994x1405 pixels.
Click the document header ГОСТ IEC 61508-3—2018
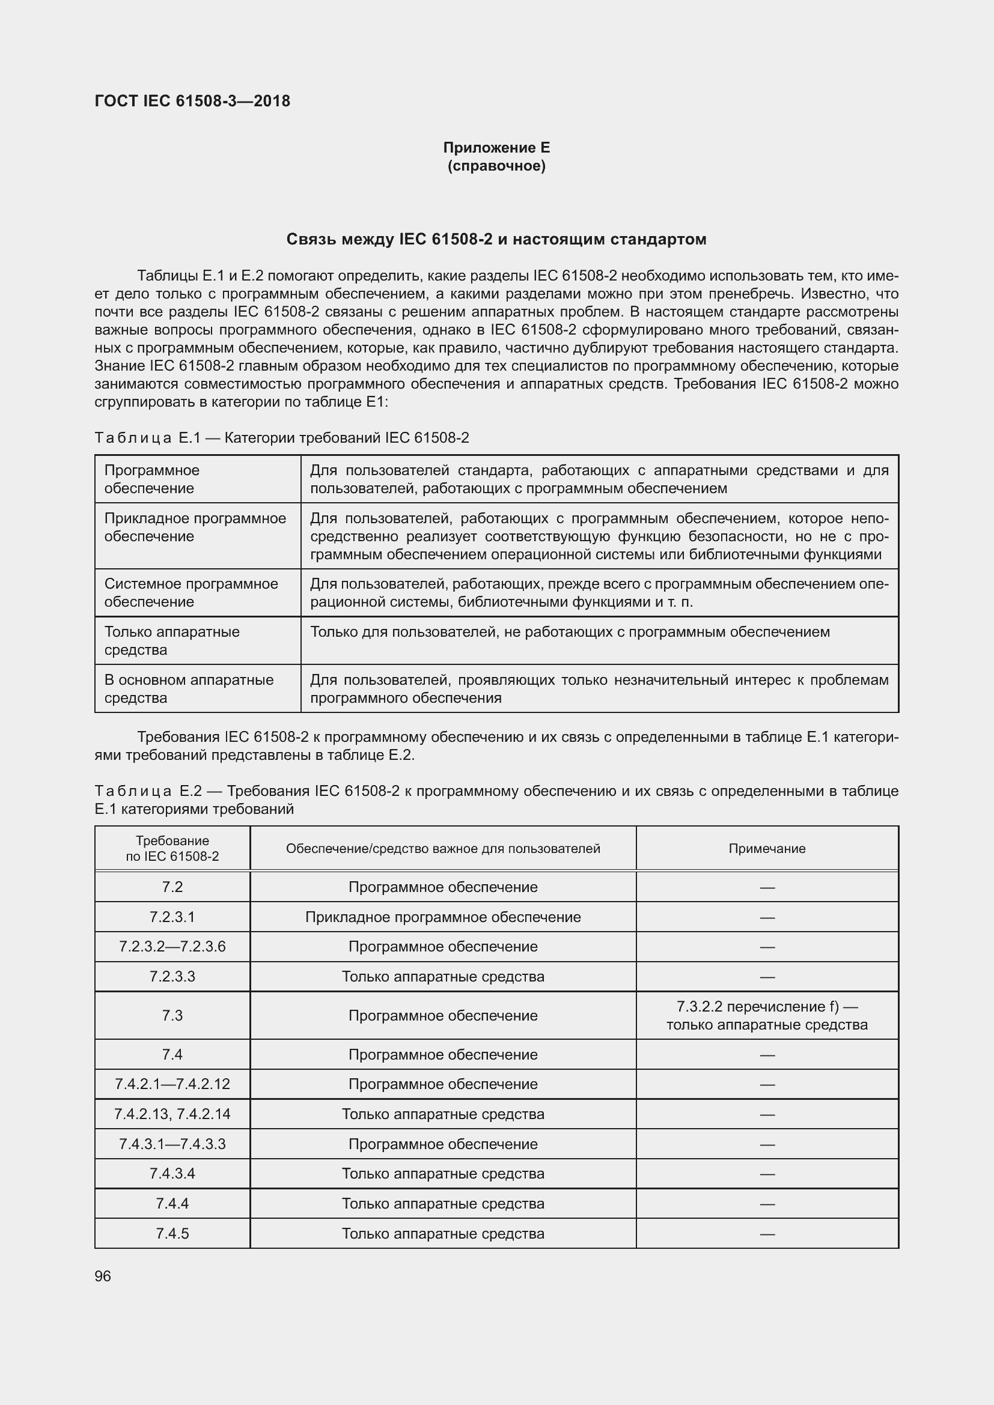coord(192,101)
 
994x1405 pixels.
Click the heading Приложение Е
coord(496,148)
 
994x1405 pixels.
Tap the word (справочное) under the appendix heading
coord(496,166)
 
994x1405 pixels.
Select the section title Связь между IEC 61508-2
coord(496,239)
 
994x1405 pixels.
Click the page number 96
coord(103,1276)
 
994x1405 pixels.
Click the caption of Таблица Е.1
coord(281,437)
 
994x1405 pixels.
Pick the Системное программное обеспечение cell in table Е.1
coord(191,592)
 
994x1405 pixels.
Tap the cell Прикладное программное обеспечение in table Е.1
coord(195,527)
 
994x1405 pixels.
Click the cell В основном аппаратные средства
coord(189,688)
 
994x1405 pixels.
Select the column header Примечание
coord(766,848)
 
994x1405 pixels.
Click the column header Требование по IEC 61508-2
coord(172,848)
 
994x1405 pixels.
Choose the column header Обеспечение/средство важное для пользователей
coord(442,848)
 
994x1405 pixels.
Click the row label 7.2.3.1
coord(172,917)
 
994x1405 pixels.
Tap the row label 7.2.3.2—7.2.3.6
coord(172,946)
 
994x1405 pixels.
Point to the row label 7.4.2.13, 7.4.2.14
coord(172,1114)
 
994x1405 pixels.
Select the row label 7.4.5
coord(172,1233)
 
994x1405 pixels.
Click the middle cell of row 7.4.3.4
coord(442,1173)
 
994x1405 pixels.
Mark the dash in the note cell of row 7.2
coord(766,887)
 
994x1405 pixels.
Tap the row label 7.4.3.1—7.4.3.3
coord(172,1144)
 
